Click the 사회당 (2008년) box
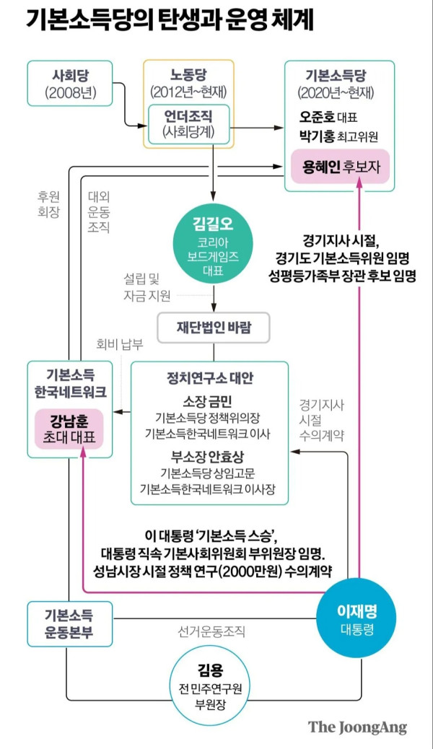click(x=70, y=83)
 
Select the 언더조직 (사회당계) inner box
click(x=189, y=124)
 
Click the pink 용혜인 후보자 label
click(x=341, y=167)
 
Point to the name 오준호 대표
click(x=328, y=117)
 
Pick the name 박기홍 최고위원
click(x=338, y=136)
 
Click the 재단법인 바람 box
click(x=214, y=328)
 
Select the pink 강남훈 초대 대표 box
click(x=69, y=429)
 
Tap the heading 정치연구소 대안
click(x=210, y=378)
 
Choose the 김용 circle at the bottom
click(x=210, y=686)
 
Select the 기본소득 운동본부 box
click(x=70, y=624)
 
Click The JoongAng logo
click(x=357, y=727)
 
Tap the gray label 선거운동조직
click(x=211, y=631)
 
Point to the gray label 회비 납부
click(x=120, y=344)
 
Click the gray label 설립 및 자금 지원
click(x=147, y=288)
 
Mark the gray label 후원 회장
click(x=49, y=204)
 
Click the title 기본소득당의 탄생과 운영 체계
click(x=170, y=21)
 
